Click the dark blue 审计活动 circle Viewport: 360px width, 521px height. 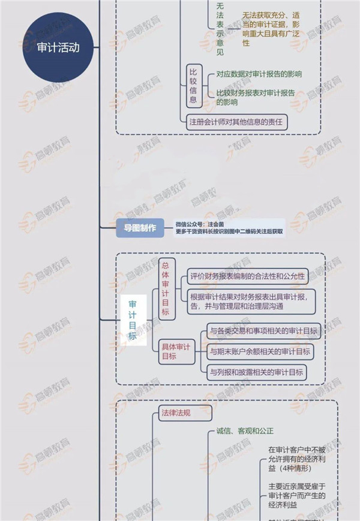[x=58, y=48]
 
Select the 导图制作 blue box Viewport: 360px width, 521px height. [x=140, y=228]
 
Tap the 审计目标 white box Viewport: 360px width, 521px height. [x=133, y=321]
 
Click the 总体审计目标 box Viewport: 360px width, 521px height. [x=166, y=288]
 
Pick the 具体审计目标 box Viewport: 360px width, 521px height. [x=177, y=352]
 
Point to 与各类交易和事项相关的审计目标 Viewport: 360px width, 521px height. [x=263, y=331]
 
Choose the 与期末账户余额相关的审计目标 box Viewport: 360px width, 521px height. [x=260, y=351]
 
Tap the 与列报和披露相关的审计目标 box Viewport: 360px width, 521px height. [x=256, y=372]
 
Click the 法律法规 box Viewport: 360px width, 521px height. [x=185, y=412]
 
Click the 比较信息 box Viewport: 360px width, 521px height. [x=193, y=86]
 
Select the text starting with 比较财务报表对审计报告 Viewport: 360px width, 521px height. [x=259, y=98]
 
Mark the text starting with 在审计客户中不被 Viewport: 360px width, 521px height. [x=296, y=459]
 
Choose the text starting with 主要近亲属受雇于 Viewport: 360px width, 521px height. [x=296, y=496]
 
